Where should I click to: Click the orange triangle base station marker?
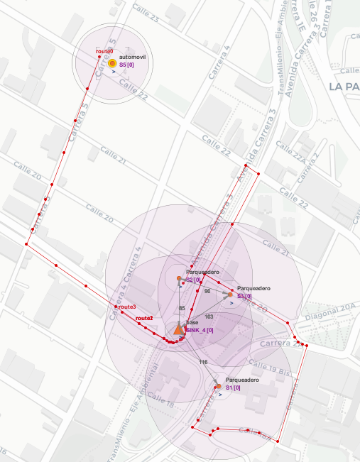click(x=178, y=329)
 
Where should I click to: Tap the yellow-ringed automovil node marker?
click(x=112, y=64)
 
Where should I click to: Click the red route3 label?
click(x=127, y=307)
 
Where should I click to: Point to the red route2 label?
click(x=144, y=318)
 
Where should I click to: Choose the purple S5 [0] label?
click(x=127, y=65)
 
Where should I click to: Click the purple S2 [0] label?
click(x=194, y=280)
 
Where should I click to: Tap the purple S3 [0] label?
click(x=245, y=296)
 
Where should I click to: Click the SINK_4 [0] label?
click(x=200, y=330)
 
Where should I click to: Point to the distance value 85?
click(x=182, y=308)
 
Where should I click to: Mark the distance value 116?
click(x=203, y=362)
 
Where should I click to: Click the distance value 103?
click(x=209, y=316)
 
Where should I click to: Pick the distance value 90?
click(x=207, y=291)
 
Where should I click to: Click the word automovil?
click(x=133, y=56)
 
